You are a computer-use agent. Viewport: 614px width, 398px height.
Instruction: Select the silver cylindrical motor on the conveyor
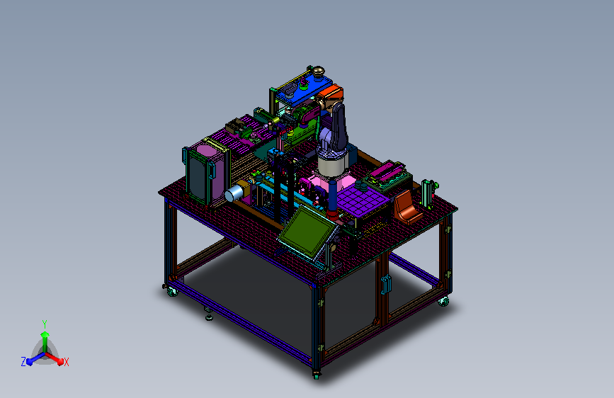pos(234,193)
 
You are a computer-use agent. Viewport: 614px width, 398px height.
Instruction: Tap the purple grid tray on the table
pos(363,199)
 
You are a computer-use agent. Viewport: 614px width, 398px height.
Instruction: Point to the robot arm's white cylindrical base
pos(332,164)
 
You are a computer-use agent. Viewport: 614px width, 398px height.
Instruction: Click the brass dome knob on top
pos(317,72)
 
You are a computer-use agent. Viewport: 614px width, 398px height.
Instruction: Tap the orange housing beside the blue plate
pos(331,93)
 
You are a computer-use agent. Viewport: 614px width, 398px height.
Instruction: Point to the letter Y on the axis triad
pos(45,324)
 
